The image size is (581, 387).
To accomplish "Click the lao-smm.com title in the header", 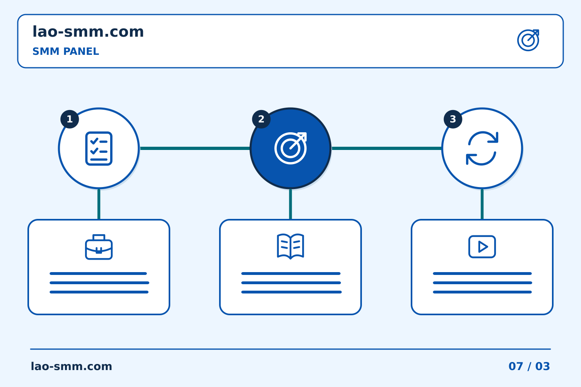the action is [x=88, y=31].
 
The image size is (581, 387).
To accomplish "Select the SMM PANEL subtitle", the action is [x=66, y=51].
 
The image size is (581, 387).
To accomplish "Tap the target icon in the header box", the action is [x=528, y=40].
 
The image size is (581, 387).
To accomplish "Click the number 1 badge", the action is [x=69, y=119].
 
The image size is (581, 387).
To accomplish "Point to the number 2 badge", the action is [x=261, y=119].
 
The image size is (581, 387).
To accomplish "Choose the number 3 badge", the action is [x=453, y=119].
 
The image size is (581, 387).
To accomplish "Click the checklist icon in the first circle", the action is [x=99, y=148].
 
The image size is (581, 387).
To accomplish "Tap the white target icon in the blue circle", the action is [x=290, y=148].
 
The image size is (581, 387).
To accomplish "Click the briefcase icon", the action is [x=99, y=247].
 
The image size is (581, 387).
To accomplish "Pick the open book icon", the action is [x=290, y=246].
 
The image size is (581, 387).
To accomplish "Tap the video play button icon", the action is [x=482, y=247].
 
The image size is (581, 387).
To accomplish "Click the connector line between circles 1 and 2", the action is [x=195, y=148].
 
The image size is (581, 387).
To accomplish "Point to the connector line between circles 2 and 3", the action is [x=387, y=148].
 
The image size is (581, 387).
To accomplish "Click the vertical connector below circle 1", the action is [x=99, y=204].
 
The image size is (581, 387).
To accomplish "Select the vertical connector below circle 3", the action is [x=482, y=204].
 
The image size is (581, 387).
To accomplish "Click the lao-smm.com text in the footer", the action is [x=71, y=366].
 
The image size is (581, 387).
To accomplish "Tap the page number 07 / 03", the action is [x=529, y=366].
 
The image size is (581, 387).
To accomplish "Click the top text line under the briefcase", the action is [x=98, y=273].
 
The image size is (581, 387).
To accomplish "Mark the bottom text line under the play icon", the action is [x=483, y=292].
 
